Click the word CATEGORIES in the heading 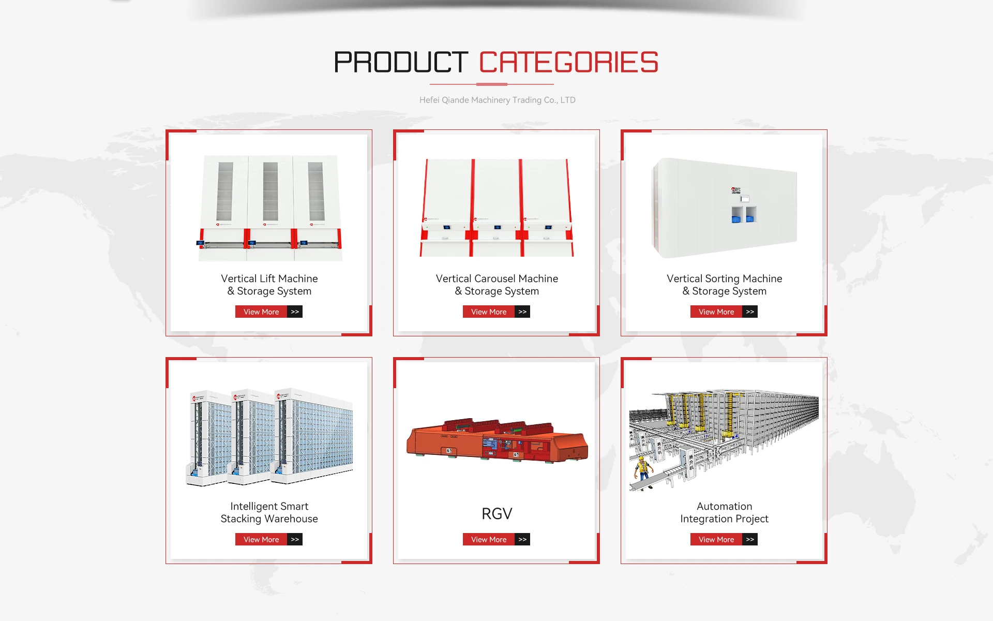click(568, 63)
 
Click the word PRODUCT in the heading click(401, 63)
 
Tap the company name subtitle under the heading click(497, 100)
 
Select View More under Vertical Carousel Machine click(489, 312)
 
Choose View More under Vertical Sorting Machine click(716, 312)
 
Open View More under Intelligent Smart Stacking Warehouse click(261, 539)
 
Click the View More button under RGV click(489, 539)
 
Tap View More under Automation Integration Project click(716, 539)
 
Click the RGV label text click(496, 513)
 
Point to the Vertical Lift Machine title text click(269, 285)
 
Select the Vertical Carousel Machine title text click(496, 285)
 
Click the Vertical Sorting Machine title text click(724, 285)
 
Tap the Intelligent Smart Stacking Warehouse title click(269, 512)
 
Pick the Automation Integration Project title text click(724, 512)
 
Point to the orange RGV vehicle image click(496, 440)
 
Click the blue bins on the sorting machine click(744, 216)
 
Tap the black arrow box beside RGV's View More click(522, 539)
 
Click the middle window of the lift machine click(270, 191)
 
